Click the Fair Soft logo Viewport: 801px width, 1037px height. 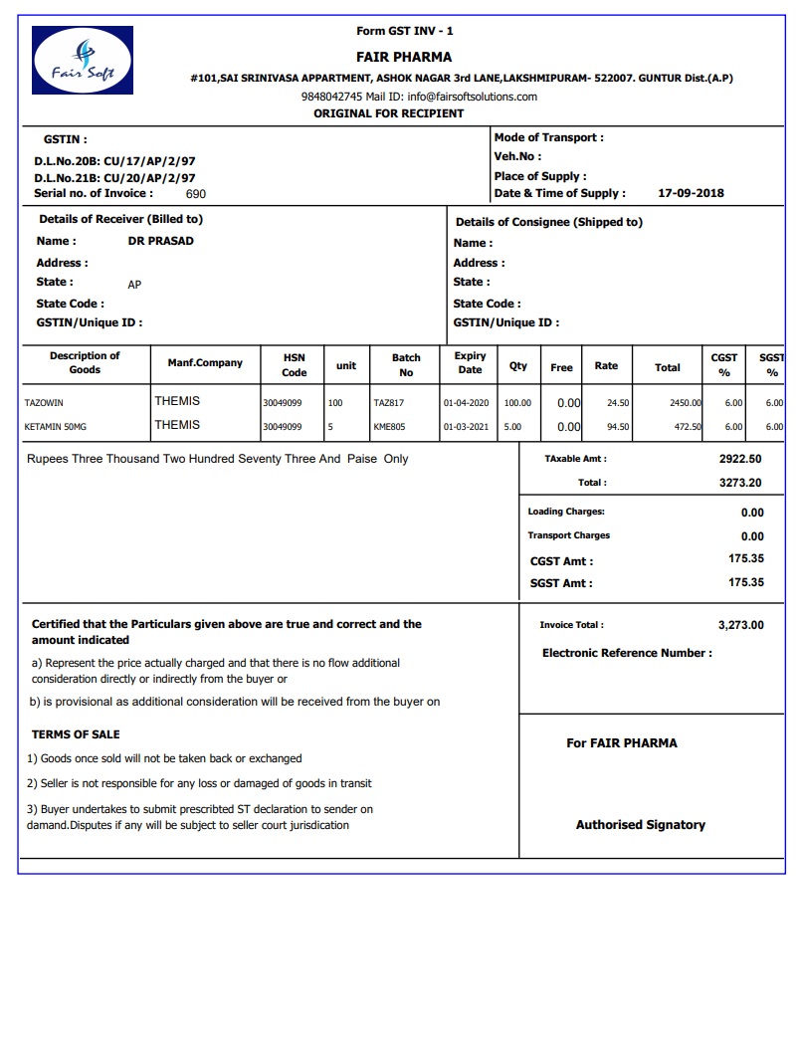(x=83, y=61)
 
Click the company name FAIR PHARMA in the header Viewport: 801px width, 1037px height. (x=404, y=57)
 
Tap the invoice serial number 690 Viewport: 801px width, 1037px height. (x=196, y=194)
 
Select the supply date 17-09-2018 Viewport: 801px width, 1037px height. (x=692, y=193)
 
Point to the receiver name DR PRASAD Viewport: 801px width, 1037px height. (x=161, y=241)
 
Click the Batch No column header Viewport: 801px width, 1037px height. (x=406, y=365)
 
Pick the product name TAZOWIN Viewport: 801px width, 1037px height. (x=44, y=403)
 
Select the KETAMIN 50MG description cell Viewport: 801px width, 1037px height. (x=55, y=426)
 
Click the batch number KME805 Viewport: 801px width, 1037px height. (x=388, y=426)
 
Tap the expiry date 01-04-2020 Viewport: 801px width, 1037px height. (x=466, y=403)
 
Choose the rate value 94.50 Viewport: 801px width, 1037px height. (x=617, y=426)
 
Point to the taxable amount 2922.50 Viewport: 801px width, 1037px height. (x=740, y=459)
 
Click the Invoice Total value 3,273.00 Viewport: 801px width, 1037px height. (x=740, y=625)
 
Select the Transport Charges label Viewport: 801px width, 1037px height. (x=568, y=535)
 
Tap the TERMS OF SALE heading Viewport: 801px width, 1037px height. (x=76, y=734)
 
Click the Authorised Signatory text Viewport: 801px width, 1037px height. (x=640, y=825)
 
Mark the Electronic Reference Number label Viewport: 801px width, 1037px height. (x=627, y=653)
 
